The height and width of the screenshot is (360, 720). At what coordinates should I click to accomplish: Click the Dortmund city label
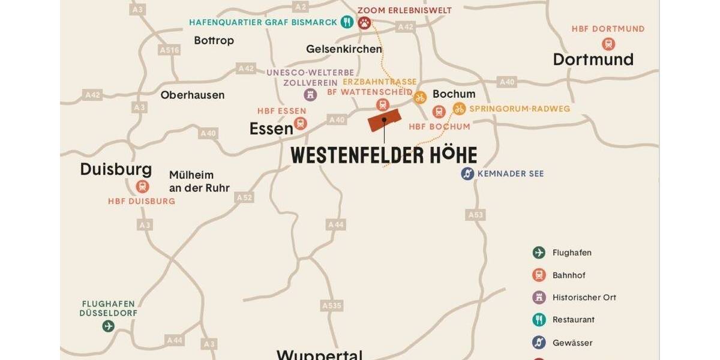[593, 59]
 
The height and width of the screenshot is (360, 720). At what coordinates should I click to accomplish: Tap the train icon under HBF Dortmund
[608, 44]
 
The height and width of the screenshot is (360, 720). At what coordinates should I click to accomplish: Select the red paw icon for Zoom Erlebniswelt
[364, 23]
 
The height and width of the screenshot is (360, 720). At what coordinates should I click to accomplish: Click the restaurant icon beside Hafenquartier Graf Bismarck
[347, 22]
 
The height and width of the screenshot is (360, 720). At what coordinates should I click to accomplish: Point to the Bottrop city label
[214, 41]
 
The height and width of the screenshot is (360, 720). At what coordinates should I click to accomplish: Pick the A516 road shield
[170, 50]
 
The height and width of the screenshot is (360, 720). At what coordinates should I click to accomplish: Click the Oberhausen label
[192, 95]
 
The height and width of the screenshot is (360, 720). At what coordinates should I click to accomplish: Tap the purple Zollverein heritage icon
[310, 94]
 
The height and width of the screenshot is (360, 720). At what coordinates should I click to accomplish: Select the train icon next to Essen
[301, 124]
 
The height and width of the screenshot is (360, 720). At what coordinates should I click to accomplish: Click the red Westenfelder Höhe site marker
[383, 120]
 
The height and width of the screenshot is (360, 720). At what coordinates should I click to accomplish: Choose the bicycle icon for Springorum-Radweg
[459, 109]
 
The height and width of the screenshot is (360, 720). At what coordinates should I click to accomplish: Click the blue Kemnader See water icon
[467, 173]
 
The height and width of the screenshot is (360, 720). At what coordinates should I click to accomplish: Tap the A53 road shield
[475, 214]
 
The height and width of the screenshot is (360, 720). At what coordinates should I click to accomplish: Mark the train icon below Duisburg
[142, 187]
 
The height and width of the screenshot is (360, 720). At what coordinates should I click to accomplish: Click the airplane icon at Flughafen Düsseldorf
[108, 326]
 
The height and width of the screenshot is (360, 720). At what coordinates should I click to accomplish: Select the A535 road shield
[332, 305]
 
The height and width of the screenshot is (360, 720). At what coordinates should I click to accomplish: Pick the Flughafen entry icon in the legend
[539, 253]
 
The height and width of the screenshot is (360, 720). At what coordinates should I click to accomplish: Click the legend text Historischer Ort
[584, 298]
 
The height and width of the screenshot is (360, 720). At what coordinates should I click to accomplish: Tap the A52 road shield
[244, 197]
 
